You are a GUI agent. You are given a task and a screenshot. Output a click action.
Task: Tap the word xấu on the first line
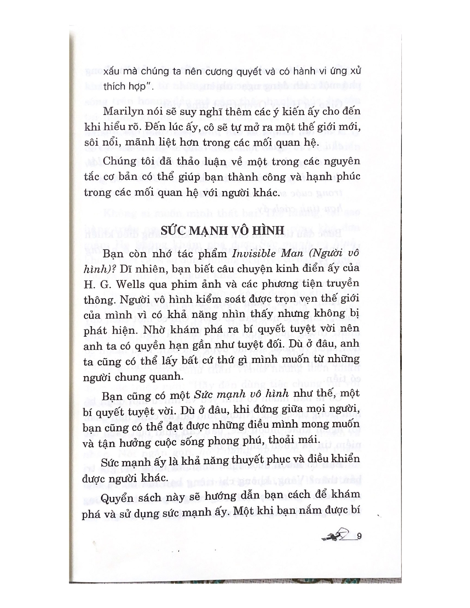tap(112, 72)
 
